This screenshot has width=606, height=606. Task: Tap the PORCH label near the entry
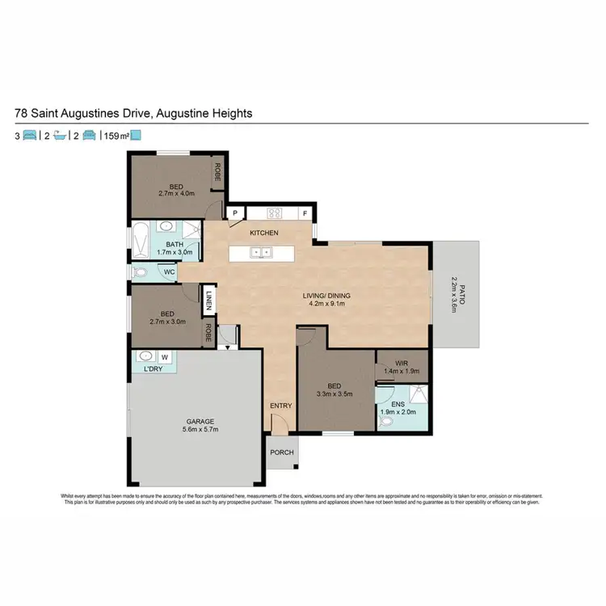[282, 452]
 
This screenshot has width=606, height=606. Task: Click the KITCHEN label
[263, 234]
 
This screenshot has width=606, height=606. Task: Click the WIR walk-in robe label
[401, 364]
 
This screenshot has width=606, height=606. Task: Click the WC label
[170, 271]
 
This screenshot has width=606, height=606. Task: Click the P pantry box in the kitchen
[236, 214]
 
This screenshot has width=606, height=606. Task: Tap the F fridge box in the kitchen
[305, 214]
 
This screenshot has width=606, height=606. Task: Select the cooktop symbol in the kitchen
[274, 214]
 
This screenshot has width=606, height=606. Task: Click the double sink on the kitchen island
[261, 252]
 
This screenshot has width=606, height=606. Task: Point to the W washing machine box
[166, 356]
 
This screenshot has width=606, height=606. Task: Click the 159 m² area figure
[116, 137]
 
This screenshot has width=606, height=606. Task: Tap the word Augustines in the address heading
[111, 113]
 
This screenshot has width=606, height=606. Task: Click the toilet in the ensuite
[387, 421]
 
